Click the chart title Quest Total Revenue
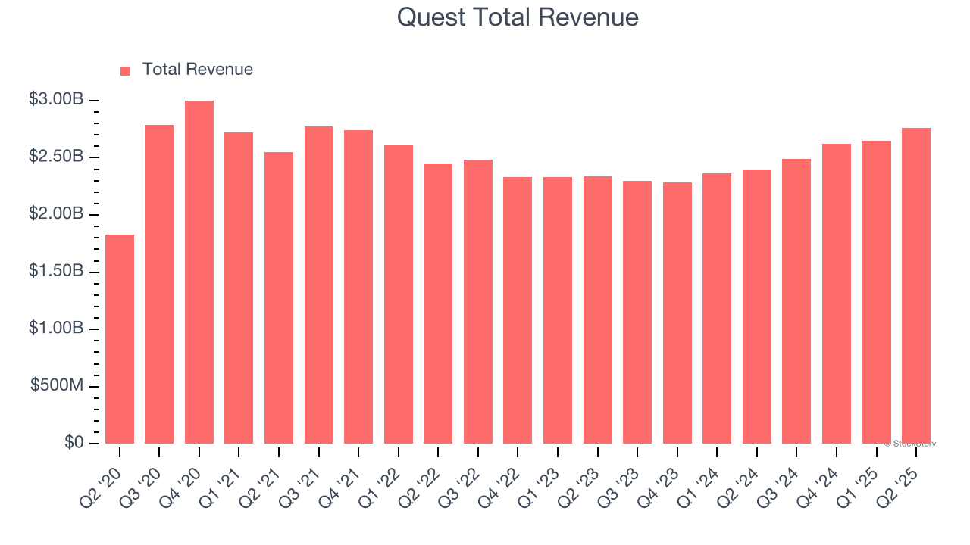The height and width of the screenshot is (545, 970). click(x=518, y=17)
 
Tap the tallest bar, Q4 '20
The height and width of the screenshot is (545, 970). click(x=199, y=272)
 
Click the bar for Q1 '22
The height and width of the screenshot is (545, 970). click(x=399, y=294)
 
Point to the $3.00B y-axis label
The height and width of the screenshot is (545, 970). click(x=56, y=100)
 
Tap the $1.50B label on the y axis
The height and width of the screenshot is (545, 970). click(x=56, y=271)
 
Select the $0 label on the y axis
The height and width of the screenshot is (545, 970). click(x=74, y=442)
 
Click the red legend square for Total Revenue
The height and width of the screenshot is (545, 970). click(x=126, y=70)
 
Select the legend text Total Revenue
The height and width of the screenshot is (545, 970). click(x=198, y=70)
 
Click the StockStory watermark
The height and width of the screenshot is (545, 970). click(x=910, y=444)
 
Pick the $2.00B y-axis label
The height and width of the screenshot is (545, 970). click(x=56, y=214)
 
